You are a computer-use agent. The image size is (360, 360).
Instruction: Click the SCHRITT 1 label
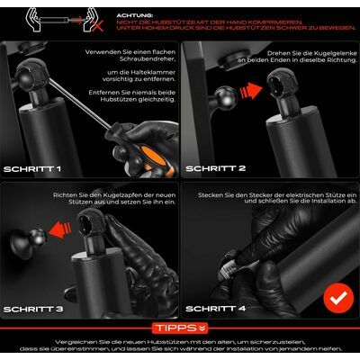pos(32,169)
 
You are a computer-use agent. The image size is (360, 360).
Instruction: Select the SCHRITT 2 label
pos(215,168)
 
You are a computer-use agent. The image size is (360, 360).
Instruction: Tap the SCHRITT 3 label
pos(33,309)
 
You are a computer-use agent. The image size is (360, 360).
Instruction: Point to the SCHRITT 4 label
pos(215,309)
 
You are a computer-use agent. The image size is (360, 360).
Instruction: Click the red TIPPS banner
pos(180,328)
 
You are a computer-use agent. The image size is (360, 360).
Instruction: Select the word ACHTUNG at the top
pos(135,15)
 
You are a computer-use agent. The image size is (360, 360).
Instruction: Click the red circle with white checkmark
pos(338,298)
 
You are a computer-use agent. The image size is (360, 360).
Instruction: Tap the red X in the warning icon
pos(97,26)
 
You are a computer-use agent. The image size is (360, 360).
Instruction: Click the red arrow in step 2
pos(251,90)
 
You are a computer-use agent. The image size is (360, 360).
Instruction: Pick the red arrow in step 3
pos(59,229)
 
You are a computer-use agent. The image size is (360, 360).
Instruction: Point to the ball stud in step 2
pos(227,97)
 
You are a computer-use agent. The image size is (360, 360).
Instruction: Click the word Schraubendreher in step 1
pos(147,59)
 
